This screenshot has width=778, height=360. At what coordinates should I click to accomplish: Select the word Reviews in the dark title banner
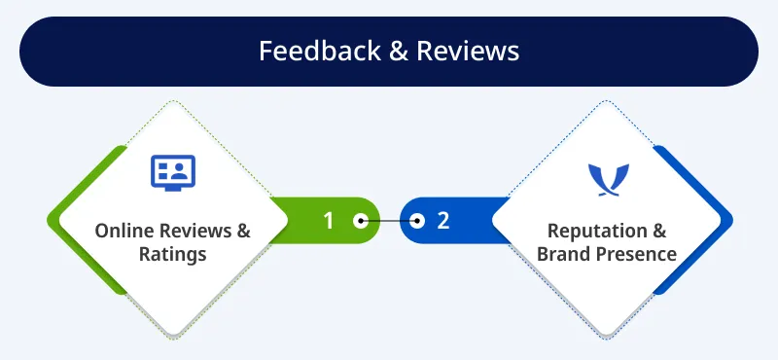coord(468,51)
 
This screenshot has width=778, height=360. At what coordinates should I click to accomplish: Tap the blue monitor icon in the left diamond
coord(173,171)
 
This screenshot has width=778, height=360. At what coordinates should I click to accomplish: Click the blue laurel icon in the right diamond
coord(609,180)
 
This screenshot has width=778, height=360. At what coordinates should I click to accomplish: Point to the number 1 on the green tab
coord(328,221)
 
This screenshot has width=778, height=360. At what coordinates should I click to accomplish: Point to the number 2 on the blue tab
coord(443,221)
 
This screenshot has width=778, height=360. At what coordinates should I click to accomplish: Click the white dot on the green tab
coord(360,221)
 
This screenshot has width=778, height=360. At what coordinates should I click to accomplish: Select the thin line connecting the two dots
coord(389,221)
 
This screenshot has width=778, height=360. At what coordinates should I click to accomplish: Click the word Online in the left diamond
coord(122,232)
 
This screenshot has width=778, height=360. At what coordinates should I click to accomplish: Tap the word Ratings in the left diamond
coord(173,255)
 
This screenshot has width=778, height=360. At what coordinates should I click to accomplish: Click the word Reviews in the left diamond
coord(193,232)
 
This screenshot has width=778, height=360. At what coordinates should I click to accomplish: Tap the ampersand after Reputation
coord(657,232)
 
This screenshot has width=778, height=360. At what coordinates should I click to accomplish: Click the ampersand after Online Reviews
coord(242,232)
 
